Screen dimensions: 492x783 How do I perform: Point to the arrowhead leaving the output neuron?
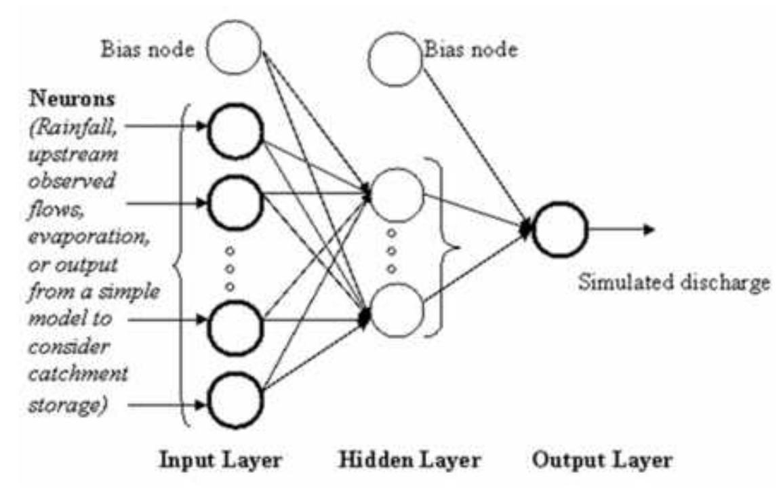pos(649,230)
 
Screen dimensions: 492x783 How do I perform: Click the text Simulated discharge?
pos(673,281)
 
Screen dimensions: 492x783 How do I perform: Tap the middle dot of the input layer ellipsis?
pos(230,268)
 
